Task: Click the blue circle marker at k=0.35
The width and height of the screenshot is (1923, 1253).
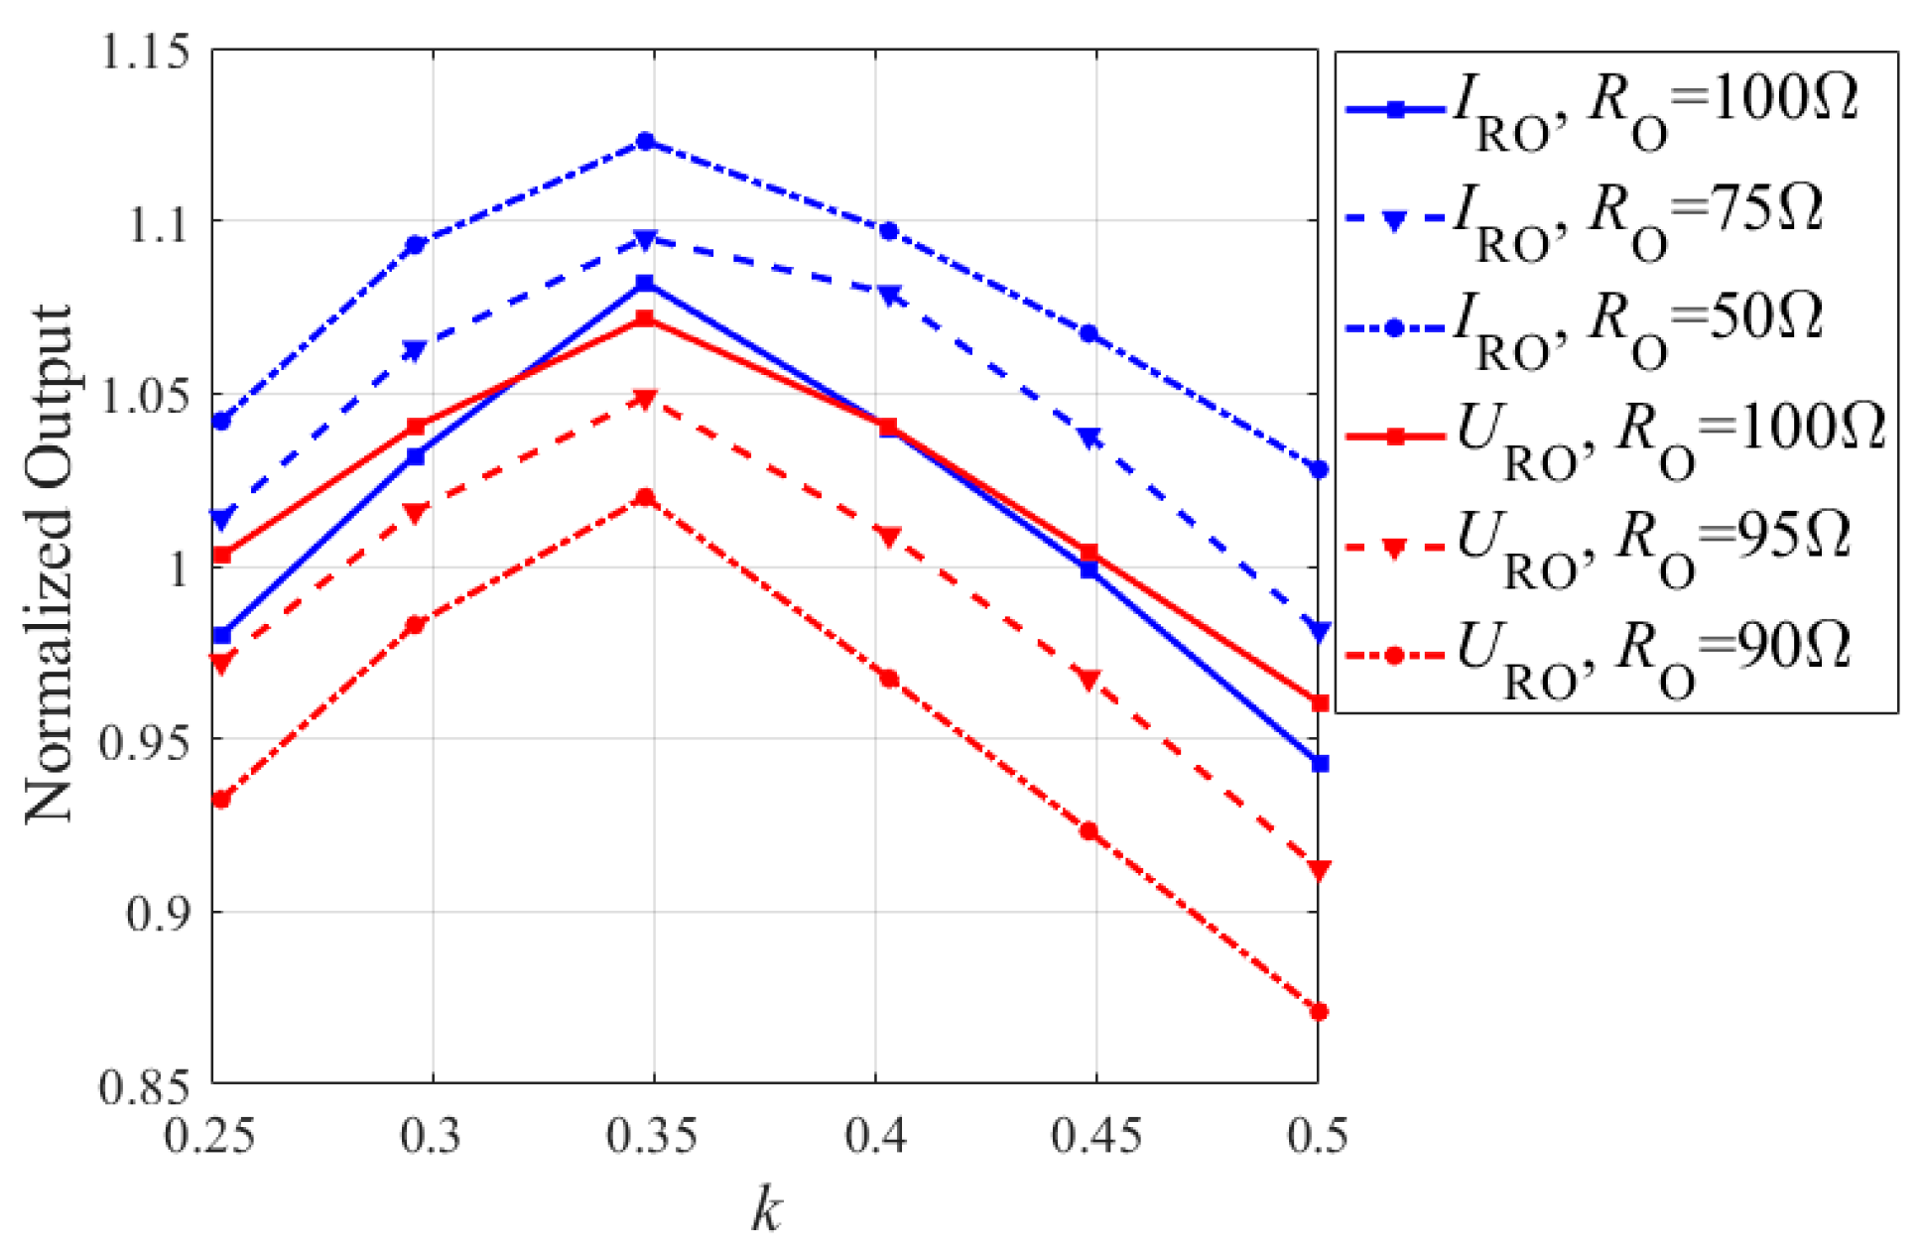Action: [645, 141]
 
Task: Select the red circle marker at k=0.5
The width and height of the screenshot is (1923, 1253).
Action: [1319, 1012]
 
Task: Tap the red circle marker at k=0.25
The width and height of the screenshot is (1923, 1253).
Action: [221, 800]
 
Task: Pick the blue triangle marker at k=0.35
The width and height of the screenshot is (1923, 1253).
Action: [645, 239]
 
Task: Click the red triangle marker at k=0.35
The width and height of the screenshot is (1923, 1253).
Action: [645, 399]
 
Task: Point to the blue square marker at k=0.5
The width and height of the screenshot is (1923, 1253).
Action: [1319, 763]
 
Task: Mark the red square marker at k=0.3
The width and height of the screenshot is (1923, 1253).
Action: [416, 428]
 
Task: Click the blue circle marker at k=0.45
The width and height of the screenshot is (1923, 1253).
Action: [1089, 333]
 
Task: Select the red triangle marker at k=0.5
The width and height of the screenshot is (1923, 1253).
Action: [1319, 870]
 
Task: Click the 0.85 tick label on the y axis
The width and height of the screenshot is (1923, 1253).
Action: [145, 1086]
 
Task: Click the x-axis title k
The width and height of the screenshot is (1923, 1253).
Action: [765, 1210]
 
